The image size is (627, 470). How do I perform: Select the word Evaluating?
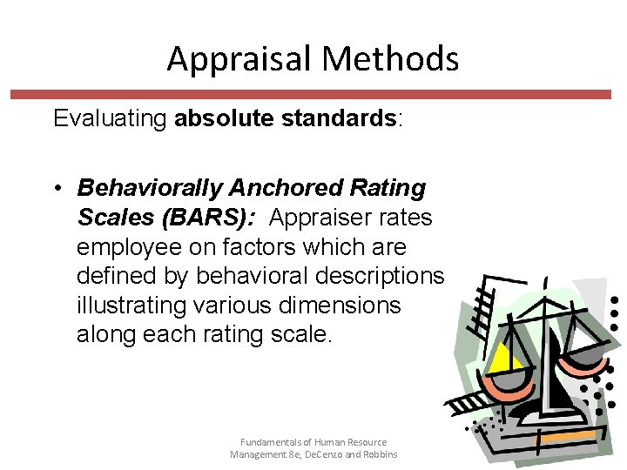[x=111, y=118]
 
